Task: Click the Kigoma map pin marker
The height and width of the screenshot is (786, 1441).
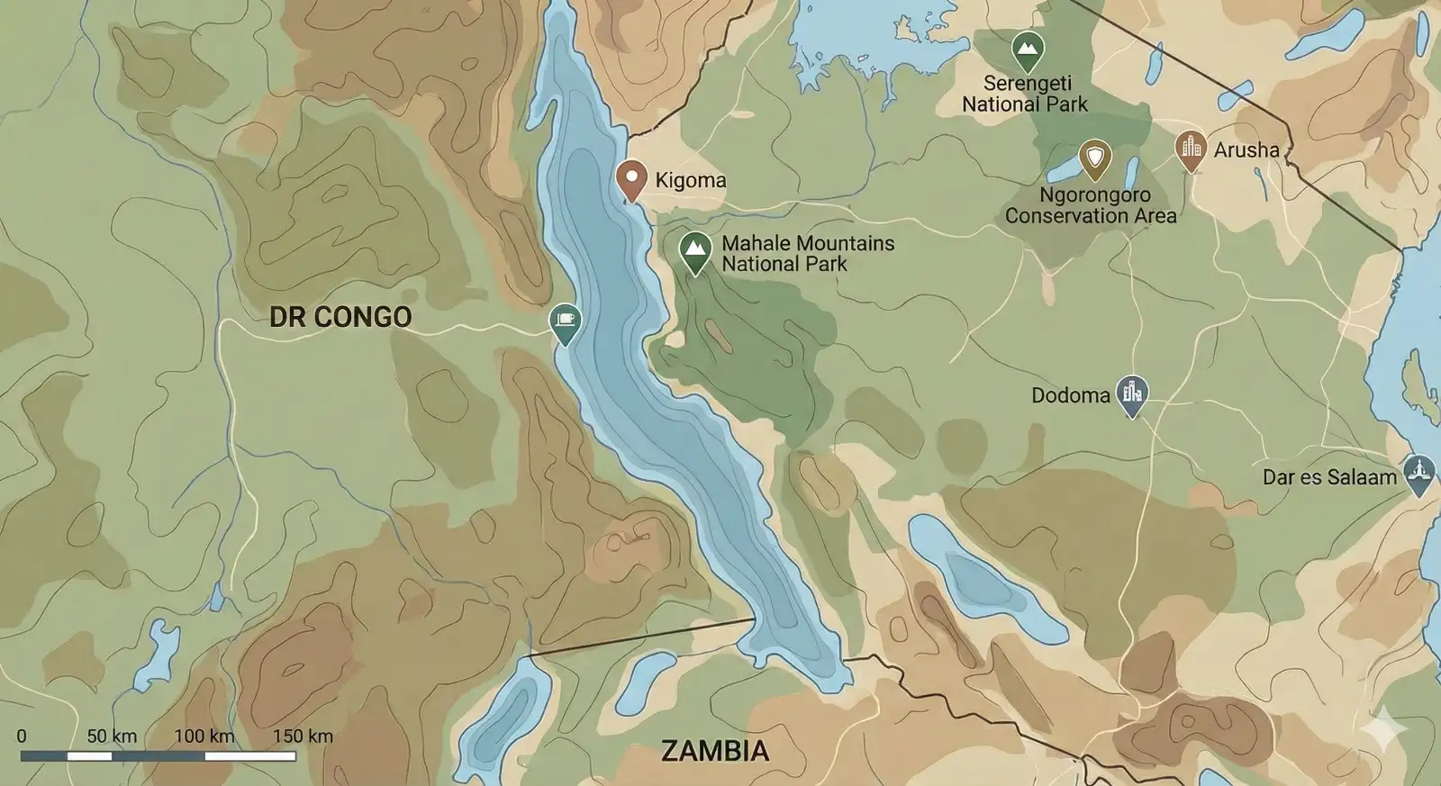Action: pos(631,178)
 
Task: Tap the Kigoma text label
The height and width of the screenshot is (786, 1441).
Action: pos(690,180)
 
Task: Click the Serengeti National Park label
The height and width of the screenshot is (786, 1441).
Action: pos(1026,94)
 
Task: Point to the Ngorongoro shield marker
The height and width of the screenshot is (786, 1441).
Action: pos(1094,158)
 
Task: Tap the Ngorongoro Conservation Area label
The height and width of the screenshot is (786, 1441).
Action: pos(1092,205)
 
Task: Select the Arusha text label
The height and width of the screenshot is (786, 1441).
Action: pos(1246,150)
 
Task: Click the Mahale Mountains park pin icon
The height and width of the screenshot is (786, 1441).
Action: pos(694,249)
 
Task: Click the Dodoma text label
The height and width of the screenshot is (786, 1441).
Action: pos(1070,395)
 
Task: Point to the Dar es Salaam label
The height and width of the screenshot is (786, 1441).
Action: pos(1328,477)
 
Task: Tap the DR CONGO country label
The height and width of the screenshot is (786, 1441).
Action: pos(340,317)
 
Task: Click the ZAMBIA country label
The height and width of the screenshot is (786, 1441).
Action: pos(715,751)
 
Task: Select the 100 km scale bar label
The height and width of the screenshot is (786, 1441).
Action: pos(204,736)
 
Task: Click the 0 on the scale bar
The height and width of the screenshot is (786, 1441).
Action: pos(22,736)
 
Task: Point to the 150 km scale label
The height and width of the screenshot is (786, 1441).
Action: pos(303,736)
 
